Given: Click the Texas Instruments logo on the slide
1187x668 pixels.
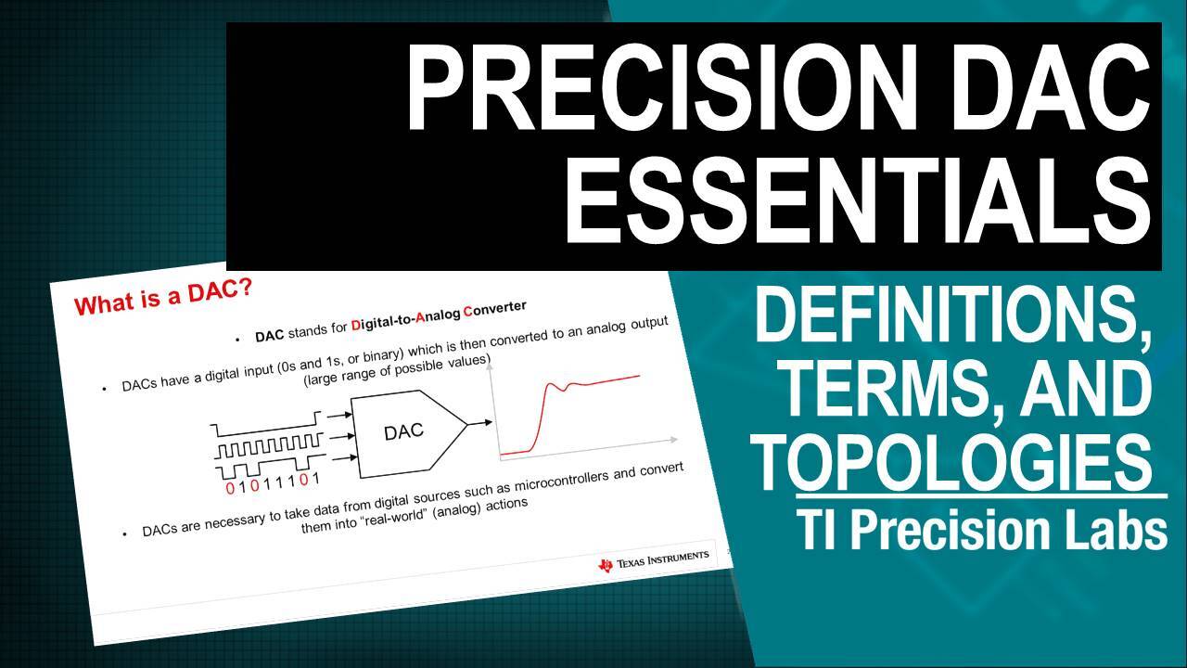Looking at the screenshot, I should pyautogui.click(x=654, y=559).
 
